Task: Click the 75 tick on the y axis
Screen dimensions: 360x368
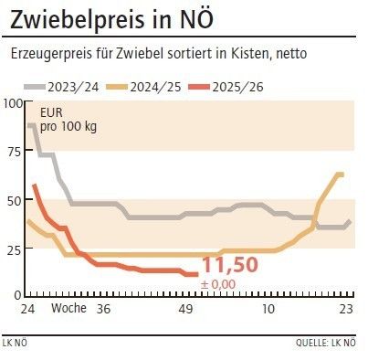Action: [15, 151]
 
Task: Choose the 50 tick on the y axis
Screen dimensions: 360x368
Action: [15, 199]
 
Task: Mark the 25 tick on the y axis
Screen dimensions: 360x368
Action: [15, 248]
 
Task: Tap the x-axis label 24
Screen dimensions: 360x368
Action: [28, 309]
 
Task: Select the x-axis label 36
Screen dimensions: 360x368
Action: [104, 309]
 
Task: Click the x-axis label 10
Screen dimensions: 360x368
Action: [268, 309]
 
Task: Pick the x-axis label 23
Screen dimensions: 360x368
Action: [346, 309]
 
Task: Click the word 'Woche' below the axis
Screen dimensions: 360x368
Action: [68, 309]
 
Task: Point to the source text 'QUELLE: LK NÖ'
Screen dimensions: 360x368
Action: [325, 344]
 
